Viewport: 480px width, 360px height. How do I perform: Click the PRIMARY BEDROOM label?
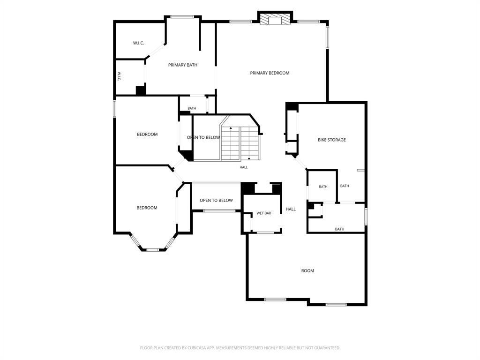click(270, 73)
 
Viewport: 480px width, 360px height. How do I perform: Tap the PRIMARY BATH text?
click(183, 65)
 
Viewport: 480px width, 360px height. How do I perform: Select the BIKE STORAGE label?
click(332, 140)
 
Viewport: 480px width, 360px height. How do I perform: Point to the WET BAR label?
click(264, 213)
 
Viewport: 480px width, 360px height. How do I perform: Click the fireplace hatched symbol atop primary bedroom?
click(275, 19)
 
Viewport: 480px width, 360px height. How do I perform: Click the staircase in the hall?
click(240, 143)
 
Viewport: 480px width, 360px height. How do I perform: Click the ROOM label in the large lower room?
click(307, 271)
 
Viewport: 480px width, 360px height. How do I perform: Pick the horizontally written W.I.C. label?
click(138, 43)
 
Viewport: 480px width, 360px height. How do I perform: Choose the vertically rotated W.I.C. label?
click(119, 76)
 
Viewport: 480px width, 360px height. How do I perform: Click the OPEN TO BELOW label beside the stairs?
click(203, 137)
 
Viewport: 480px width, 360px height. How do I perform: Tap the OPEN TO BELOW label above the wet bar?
click(217, 200)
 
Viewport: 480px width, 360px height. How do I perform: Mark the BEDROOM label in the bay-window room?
click(147, 208)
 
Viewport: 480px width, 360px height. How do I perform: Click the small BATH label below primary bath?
click(192, 108)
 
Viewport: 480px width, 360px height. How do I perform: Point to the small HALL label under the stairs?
click(244, 167)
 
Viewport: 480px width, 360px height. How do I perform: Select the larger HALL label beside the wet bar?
click(291, 209)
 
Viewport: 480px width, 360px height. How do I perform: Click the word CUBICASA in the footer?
click(198, 348)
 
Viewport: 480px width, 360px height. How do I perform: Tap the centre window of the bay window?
click(152, 250)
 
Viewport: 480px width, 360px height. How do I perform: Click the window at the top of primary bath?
click(182, 17)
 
